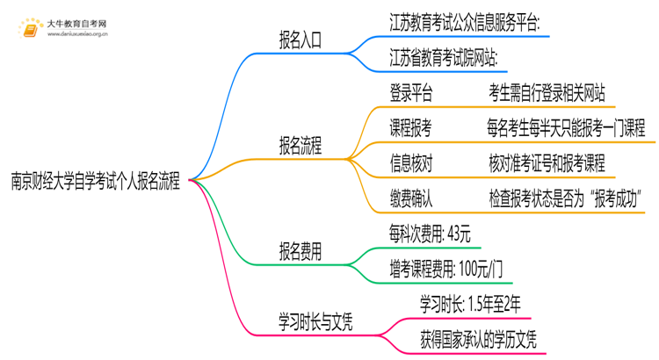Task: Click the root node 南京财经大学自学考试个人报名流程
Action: coord(95,182)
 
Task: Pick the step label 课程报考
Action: coord(410,127)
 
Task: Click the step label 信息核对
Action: coord(410,162)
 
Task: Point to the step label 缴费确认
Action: coord(410,198)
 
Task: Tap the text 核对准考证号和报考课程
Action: coord(547,162)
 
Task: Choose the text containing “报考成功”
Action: coord(564,198)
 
